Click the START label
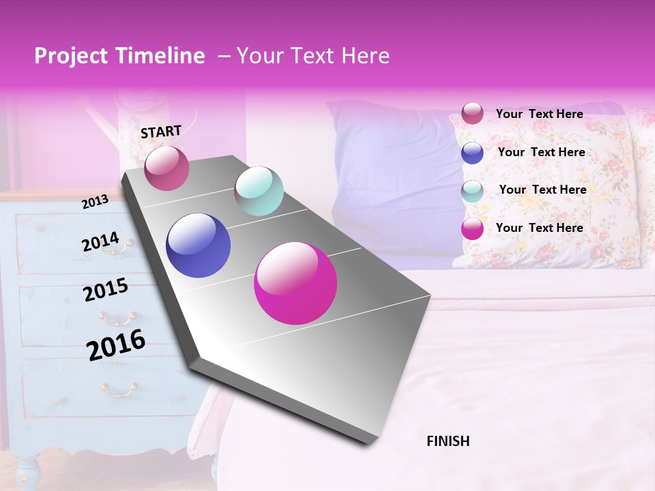tap(161, 132)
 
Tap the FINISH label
tap(448, 441)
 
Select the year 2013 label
tap(95, 202)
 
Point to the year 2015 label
tap(105, 291)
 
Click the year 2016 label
tap(116, 345)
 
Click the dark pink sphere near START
tap(166, 168)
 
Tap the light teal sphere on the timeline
tap(259, 191)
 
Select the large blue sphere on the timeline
tap(198, 245)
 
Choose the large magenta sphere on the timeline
tap(295, 283)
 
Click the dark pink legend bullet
tap(472, 114)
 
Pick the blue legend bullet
tap(472, 153)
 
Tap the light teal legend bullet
tap(472, 191)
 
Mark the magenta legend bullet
tap(472, 229)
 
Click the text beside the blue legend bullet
tap(541, 152)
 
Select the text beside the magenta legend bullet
tap(539, 228)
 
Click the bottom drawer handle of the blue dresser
tap(119, 389)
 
